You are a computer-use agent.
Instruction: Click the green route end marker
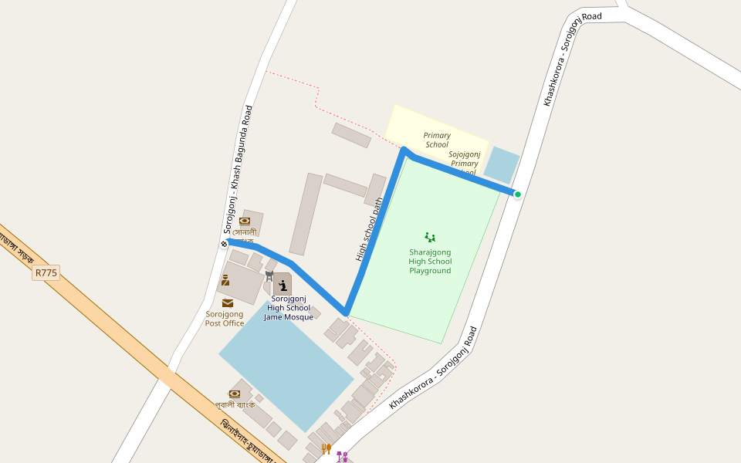(518, 194)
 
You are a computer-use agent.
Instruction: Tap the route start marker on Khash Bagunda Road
(224, 244)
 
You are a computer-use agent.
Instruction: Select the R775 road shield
(46, 272)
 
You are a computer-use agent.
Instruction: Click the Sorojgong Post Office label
(225, 319)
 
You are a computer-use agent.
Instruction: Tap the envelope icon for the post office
(228, 303)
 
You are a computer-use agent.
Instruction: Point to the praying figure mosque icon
(283, 286)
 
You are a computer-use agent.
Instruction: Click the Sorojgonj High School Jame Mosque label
(289, 308)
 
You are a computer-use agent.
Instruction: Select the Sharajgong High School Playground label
(430, 262)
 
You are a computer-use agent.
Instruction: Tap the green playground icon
(430, 237)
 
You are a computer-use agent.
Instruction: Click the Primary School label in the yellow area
(437, 140)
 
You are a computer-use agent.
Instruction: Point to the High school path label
(370, 229)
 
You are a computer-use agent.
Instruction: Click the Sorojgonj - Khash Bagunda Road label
(238, 169)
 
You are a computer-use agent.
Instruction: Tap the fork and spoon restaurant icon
(327, 448)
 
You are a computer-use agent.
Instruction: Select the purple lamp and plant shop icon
(342, 456)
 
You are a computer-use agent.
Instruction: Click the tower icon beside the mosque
(269, 275)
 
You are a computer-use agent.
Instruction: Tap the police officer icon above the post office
(225, 280)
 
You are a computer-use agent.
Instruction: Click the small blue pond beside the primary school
(502, 164)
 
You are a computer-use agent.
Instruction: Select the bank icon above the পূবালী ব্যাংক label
(234, 394)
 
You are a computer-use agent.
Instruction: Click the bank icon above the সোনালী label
(245, 221)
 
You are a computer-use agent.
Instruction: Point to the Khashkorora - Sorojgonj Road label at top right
(572, 59)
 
